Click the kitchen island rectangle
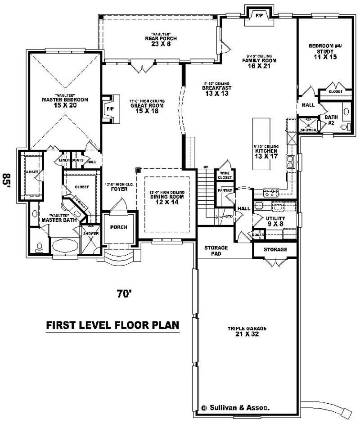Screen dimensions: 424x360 [x=261, y=144]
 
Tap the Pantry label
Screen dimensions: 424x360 [x=225, y=190]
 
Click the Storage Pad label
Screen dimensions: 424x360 [x=216, y=251]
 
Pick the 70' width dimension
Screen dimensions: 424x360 [x=124, y=293]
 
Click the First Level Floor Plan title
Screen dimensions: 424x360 [x=112, y=325]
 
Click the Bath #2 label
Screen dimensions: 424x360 [x=331, y=120]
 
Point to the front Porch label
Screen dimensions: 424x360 [x=119, y=227]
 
